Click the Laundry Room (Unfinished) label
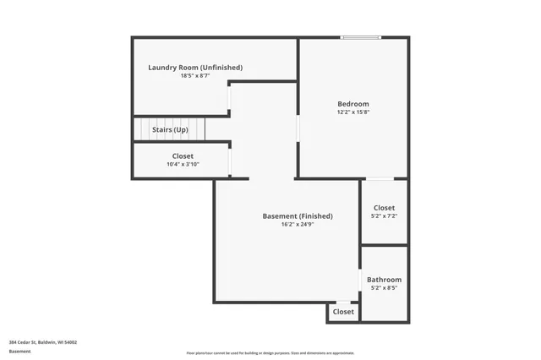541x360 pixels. [x=195, y=68]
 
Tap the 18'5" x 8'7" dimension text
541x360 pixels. [x=195, y=76]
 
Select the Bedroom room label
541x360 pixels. [x=353, y=104]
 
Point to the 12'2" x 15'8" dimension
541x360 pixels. [x=353, y=112]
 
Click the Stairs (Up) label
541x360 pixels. [x=170, y=130]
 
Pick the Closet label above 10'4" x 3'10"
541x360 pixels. [x=183, y=156]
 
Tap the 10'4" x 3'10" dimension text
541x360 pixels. [x=183, y=165]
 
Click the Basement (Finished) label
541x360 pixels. [x=298, y=216]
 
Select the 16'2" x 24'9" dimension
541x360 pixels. [x=298, y=225]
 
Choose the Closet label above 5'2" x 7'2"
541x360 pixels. [x=384, y=208]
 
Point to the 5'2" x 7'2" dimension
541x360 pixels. [x=384, y=216]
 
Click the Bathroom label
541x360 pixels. [x=384, y=280]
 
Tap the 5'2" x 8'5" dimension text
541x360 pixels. [x=384, y=288]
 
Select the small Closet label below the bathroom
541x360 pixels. [x=343, y=312]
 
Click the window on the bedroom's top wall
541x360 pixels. [x=361, y=37]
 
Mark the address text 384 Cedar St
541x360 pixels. [x=43, y=342]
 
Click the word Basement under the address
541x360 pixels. [x=20, y=352]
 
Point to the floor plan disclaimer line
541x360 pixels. [x=270, y=353]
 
